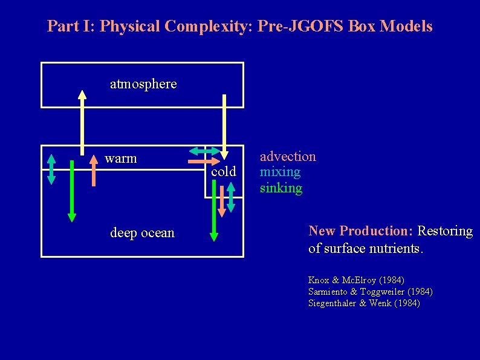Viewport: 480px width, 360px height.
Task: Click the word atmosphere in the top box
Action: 143,83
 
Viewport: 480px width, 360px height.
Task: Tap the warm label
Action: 121,159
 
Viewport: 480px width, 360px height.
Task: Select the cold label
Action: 224,172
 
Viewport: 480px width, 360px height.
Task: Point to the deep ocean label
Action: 142,233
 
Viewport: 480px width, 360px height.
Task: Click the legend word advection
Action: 288,157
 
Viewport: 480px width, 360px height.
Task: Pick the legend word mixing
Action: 280,172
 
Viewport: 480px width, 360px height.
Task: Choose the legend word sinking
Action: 281,188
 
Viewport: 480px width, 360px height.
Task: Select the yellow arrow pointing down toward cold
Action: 224,127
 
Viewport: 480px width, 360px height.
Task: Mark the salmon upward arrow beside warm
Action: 94,170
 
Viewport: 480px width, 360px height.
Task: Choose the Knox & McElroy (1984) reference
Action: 356,280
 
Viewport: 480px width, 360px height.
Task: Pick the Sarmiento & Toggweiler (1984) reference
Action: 370,292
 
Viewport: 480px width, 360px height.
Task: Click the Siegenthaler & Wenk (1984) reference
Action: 364,303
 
